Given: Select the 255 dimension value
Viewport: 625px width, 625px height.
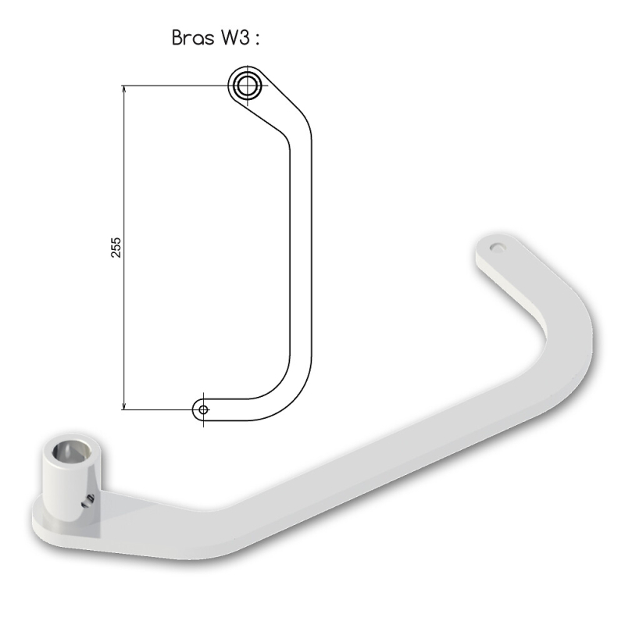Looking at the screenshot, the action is pos(116,248).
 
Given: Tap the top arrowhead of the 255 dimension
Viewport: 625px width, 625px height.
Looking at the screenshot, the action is pos(124,89).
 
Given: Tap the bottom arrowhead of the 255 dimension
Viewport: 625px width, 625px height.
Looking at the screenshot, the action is pos(124,405).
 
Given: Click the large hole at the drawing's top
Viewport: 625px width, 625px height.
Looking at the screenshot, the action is pos(248,85).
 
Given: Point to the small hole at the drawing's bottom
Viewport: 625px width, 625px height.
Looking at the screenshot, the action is pos(203,409).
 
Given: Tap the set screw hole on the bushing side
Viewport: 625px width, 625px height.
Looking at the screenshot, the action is pos(88,501).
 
